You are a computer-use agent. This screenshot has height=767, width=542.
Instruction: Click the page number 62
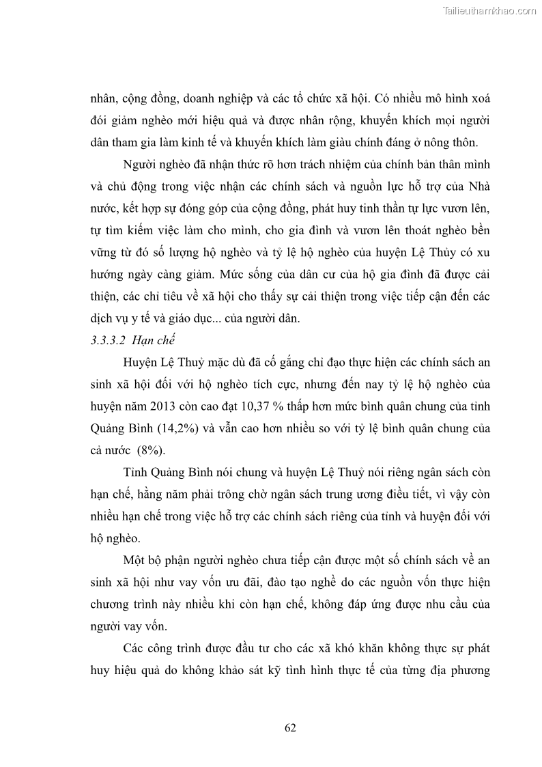(290, 727)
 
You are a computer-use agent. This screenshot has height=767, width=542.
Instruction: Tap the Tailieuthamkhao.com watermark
(489, 11)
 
